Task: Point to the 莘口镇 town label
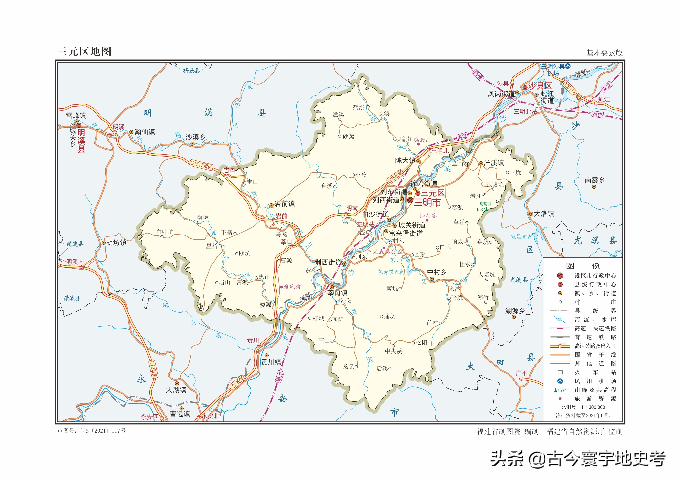(x=337, y=293)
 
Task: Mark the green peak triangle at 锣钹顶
(x=486, y=209)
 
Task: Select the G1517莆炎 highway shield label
(x=201, y=165)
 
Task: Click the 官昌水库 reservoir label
(x=522, y=237)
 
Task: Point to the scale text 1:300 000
(x=597, y=407)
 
